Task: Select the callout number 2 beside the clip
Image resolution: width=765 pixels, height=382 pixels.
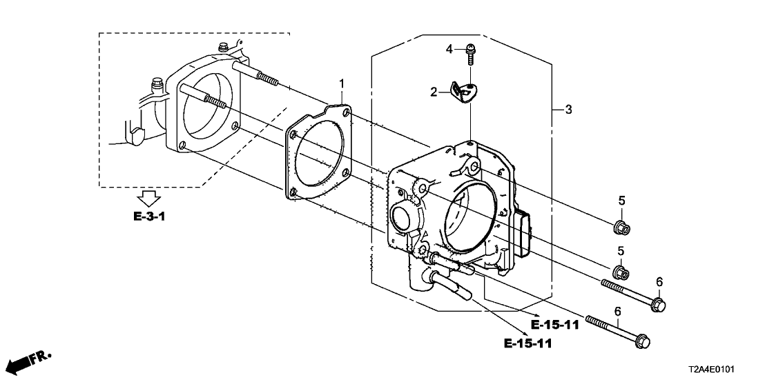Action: (x=434, y=92)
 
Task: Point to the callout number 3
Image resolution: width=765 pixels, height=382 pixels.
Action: (x=568, y=110)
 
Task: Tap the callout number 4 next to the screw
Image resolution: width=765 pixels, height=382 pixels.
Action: (x=449, y=49)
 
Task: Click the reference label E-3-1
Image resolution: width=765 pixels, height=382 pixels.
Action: (x=150, y=217)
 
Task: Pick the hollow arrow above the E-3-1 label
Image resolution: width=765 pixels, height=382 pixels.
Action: (x=149, y=196)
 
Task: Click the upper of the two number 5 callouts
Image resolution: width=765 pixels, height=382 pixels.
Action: (x=621, y=201)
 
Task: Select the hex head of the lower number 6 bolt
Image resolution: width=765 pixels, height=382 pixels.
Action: (x=643, y=341)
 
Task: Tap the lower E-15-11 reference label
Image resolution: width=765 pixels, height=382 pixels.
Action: (x=527, y=343)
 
